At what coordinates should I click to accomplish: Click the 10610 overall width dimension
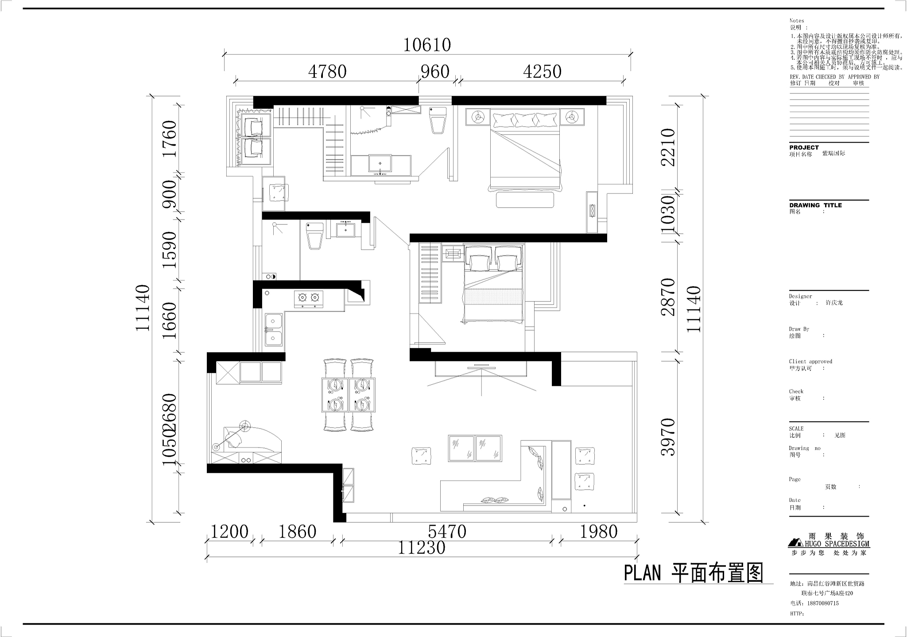click(427, 45)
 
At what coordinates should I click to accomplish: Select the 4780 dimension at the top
click(327, 72)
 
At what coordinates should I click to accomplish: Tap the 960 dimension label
click(435, 72)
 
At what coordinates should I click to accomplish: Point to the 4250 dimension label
click(542, 72)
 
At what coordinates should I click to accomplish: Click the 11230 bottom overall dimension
click(421, 548)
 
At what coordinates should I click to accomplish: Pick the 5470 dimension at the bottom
click(447, 532)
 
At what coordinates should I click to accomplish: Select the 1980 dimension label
click(598, 532)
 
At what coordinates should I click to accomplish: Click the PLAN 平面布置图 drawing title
click(694, 573)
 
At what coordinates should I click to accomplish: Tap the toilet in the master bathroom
click(438, 120)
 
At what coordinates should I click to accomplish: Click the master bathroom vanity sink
click(380, 163)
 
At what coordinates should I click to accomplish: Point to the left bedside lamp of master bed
click(477, 118)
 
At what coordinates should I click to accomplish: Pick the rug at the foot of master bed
click(525, 200)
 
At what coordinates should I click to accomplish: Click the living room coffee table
click(475, 448)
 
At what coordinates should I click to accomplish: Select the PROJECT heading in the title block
click(804, 147)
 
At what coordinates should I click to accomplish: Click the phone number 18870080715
click(821, 603)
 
